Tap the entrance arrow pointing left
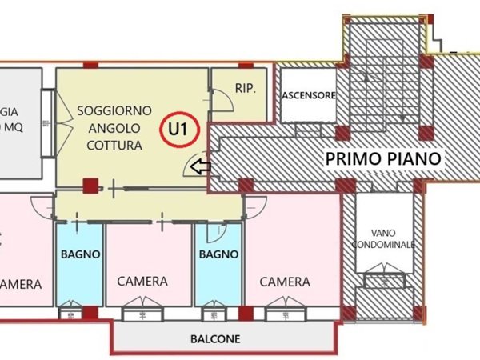coord(202,167)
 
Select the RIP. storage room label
coord(245,89)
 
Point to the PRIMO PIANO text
coord(383,158)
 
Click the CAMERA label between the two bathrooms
coord(142,282)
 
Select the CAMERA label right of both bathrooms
coord(284,282)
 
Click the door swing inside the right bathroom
coord(214,232)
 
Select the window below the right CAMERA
coord(285,304)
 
